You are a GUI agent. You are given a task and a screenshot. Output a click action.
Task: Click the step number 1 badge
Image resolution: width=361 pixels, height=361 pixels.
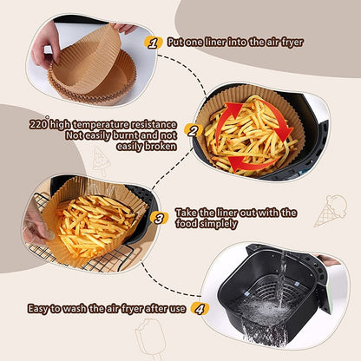(153, 40)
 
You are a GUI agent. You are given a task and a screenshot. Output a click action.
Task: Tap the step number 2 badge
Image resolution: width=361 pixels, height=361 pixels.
(193, 132)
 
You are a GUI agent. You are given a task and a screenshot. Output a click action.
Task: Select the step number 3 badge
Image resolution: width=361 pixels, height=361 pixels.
(157, 218)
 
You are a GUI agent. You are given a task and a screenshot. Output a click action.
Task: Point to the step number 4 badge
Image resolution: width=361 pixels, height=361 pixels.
(199, 306)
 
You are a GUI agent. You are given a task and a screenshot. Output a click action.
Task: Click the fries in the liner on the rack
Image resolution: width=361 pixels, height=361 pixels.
(95, 221)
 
